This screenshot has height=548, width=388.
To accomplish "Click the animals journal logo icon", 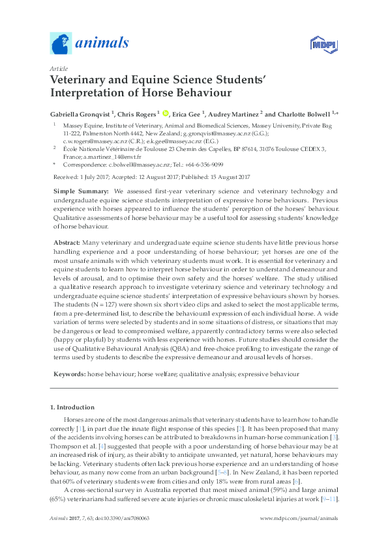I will tap(61, 44).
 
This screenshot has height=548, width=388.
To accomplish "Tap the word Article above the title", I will tap(58, 68).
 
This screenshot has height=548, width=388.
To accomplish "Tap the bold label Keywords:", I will tap(68, 375).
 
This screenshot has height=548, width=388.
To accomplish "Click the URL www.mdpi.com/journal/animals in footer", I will tap(299, 518).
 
